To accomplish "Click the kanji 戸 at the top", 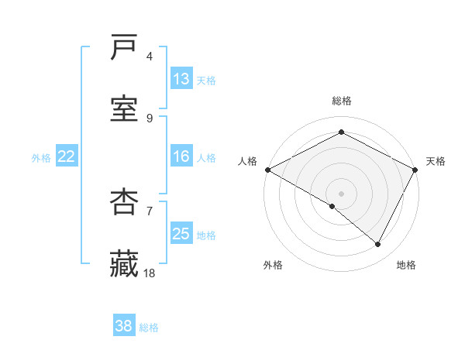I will (125, 49).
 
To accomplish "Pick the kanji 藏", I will (125, 263).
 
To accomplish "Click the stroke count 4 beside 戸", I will (150, 57).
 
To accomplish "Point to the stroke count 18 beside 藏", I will (150, 273).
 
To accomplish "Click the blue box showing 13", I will (181, 79).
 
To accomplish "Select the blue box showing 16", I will (181, 156).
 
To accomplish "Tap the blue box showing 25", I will (181, 234).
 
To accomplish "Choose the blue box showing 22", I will (67, 156).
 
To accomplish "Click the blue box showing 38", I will (124, 326).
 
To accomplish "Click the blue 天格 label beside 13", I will (206, 80).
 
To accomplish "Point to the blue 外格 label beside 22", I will (41, 157).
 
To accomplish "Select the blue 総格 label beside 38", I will (149, 328).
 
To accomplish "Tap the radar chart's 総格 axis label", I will (342, 101).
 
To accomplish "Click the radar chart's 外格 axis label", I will (273, 265).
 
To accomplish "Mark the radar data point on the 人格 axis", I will (267, 170).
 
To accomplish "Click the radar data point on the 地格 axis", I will (378, 245).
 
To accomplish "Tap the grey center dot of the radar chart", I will (341, 193).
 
